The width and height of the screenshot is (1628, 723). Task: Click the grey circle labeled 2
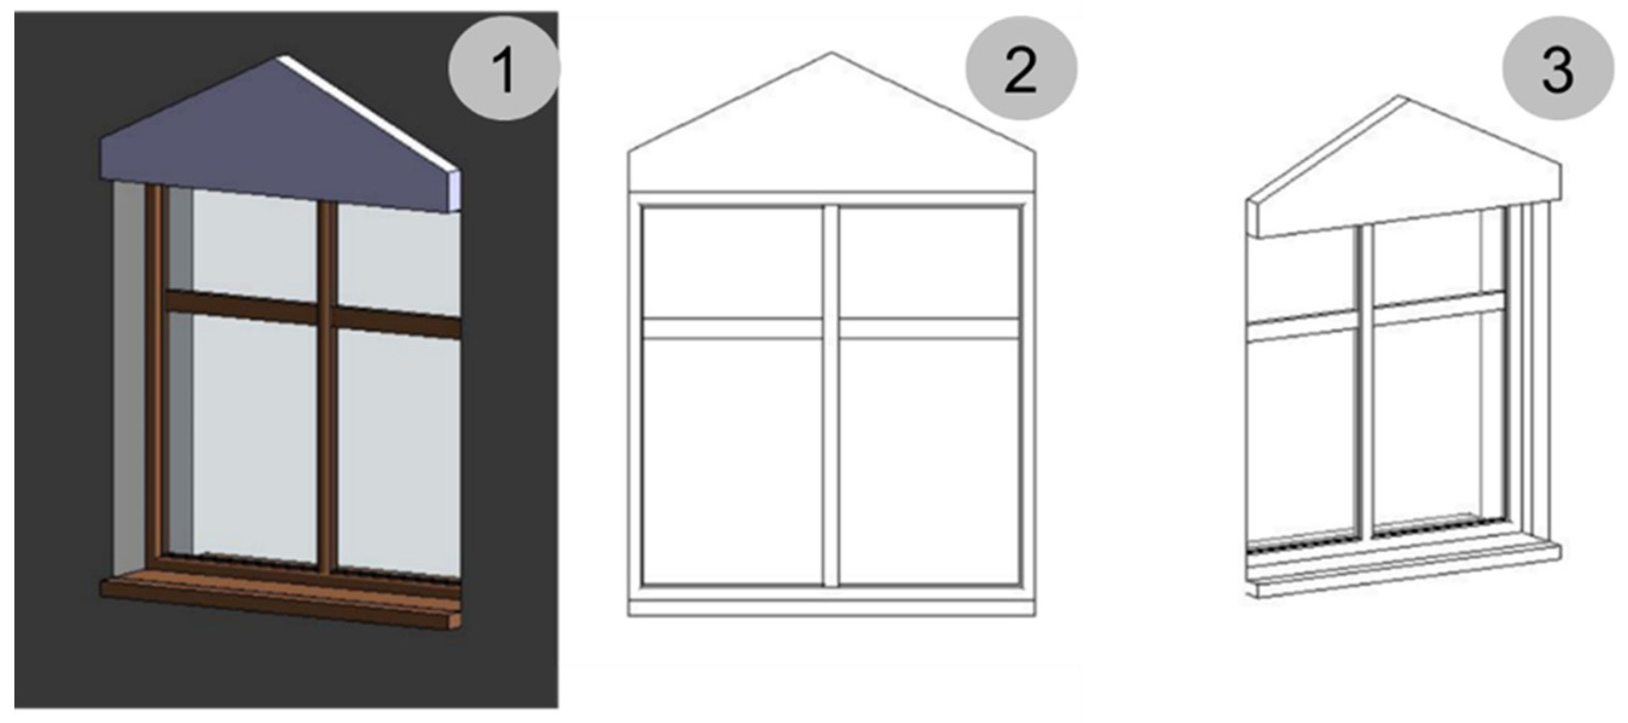1020,68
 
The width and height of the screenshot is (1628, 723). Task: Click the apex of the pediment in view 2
830,53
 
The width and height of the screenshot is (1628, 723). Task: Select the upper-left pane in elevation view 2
732,262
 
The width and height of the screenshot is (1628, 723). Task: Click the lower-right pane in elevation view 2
929,461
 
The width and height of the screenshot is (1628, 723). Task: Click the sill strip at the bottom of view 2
830,608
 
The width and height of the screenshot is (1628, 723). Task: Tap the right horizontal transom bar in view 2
929,328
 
